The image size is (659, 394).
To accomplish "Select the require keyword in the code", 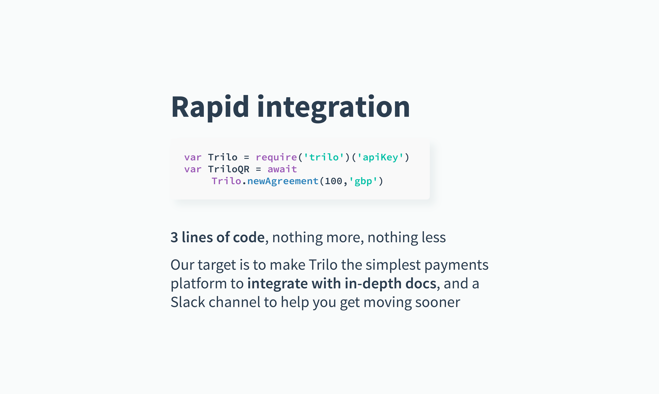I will pos(276,157).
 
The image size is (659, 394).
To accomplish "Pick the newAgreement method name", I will pos(283,181).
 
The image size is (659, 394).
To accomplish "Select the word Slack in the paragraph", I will pos(188,302).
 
